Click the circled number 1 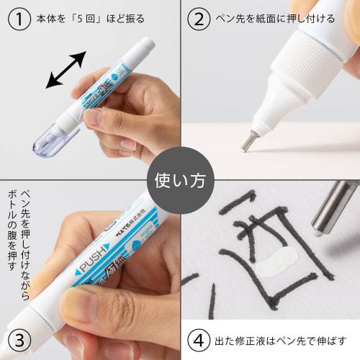(17, 17)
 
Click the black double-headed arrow (66, 70)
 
